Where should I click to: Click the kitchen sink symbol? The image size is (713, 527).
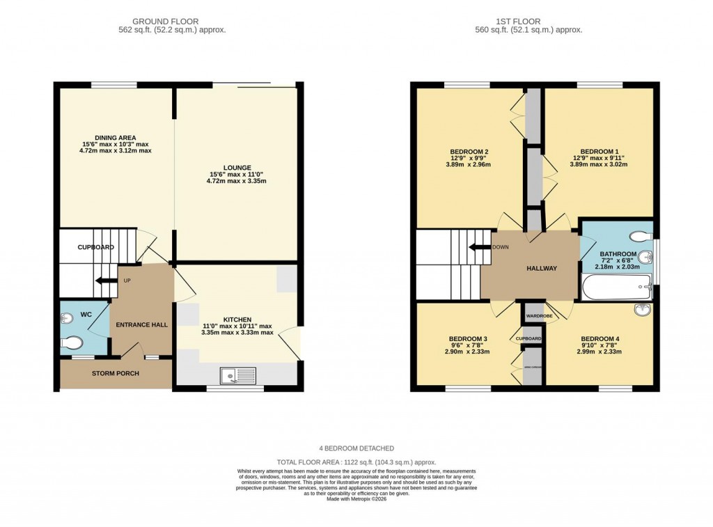tap(237, 376)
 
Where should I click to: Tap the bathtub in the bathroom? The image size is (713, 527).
tap(616, 287)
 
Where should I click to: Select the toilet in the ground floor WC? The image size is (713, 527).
tap(72, 343)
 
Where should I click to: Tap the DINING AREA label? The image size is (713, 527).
tap(116, 137)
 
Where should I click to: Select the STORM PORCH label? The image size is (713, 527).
tap(116, 374)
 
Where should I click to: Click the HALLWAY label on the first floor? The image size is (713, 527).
tap(541, 269)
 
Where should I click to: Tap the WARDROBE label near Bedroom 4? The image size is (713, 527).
tap(540, 316)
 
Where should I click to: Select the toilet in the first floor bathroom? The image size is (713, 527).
tap(636, 235)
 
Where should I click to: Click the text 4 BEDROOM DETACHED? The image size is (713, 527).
tap(356, 448)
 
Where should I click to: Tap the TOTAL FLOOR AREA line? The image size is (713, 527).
tap(356, 462)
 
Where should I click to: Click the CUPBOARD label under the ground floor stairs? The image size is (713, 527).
tap(95, 247)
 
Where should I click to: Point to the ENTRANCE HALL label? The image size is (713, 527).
tap(139, 325)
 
